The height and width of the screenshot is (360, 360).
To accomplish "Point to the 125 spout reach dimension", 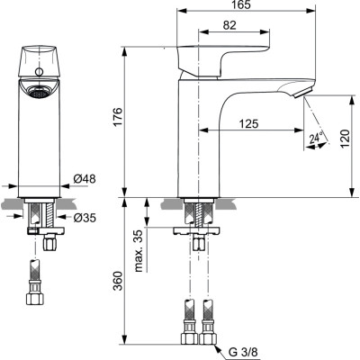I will (251, 121).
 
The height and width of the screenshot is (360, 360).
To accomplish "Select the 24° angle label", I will (314, 139).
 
